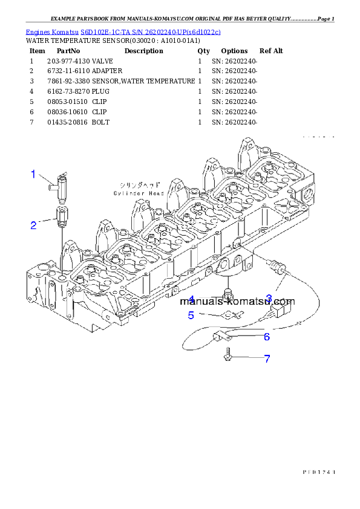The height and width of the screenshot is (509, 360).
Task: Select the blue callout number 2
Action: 34,225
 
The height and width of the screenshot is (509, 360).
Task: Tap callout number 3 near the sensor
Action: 269,298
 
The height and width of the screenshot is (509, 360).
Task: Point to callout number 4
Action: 191,300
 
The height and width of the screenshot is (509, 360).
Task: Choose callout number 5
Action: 191,315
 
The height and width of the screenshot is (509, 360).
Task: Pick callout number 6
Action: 266,337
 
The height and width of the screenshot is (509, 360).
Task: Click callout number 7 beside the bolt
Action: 266,358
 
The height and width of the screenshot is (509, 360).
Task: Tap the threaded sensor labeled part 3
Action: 277,267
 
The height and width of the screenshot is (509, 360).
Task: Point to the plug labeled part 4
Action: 228,294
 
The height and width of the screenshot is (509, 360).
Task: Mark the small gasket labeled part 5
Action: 229,314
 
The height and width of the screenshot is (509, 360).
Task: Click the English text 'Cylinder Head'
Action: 138,193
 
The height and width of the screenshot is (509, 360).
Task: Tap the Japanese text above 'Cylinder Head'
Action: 139,184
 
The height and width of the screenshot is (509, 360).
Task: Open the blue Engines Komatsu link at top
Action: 123,31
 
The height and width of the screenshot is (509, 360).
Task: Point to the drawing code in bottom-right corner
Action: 318,470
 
